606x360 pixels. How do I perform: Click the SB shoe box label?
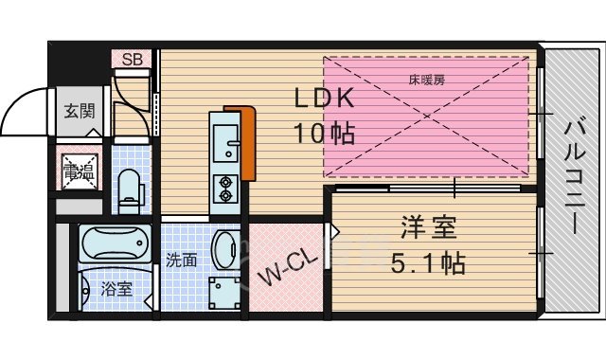[x=133, y=60]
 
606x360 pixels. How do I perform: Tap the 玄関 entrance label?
[x=80, y=111]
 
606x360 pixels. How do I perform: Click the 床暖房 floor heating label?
[x=427, y=80]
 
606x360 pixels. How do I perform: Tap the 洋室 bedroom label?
[x=428, y=229]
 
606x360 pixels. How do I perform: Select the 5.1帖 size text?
[x=428, y=263]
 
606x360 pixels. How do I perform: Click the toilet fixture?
[x=131, y=186]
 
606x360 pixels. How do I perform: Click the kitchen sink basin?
[x=227, y=142]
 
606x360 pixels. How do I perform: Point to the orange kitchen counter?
[x=248, y=142]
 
